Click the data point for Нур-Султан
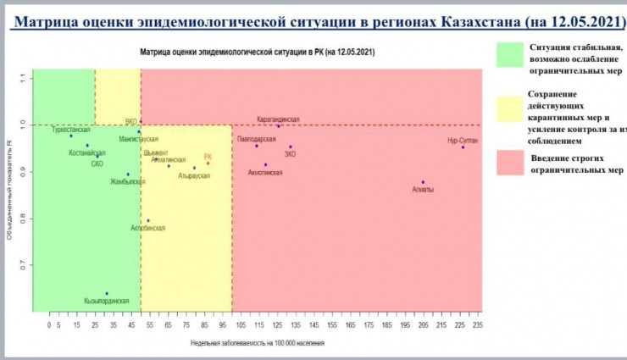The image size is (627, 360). click(x=463, y=147)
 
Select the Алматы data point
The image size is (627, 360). click(x=423, y=182)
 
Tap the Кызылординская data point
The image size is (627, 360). click(x=107, y=293)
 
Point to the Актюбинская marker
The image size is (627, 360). click(x=147, y=221)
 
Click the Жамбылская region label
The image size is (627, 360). click(x=128, y=181)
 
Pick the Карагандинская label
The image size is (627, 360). click(x=279, y=119)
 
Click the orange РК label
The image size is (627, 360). click(x=208, y=157)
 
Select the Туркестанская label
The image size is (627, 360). click(x=70, y=130)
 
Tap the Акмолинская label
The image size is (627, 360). click(x=265, y=173)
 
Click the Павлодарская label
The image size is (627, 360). click(x=257, y=137)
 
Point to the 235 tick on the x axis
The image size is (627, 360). click(x=478, y=325)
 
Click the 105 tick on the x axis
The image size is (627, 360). click(x=240, y=325)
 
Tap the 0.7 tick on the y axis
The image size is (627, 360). click(x=23, y=265)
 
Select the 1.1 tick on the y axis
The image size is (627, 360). click(x=23, y=78)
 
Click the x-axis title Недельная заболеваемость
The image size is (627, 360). click(x=258, y=343)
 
